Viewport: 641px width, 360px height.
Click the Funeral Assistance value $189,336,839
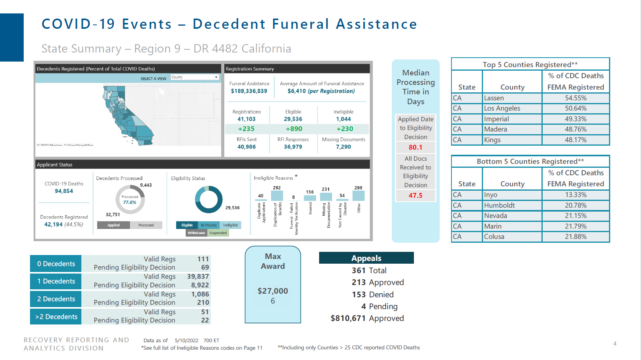[x=249, y=91]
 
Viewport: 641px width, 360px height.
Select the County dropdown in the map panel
[x=195, y=77]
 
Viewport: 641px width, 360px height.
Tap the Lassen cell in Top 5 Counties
[x=512, y=98]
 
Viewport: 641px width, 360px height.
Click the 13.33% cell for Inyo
[x=575, y=195]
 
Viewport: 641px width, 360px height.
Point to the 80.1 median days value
[x=415, y=147]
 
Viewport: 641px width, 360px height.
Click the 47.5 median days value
[x=415, y=195]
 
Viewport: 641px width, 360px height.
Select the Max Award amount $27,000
[x=273, y=291]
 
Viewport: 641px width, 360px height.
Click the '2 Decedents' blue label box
[x=56, y=299]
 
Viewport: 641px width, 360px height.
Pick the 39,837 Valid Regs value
[x=197, y=276]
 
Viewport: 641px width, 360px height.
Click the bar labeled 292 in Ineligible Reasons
[x=277, y=196]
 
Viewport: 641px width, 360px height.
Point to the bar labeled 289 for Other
[x=358, y=196]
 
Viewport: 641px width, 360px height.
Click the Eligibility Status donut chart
[x=209, y=200]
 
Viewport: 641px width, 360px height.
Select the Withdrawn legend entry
[x=196, y=233]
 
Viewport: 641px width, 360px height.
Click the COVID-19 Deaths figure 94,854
[x=64, y=191]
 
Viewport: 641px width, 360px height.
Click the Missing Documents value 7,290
[x=343, y=147]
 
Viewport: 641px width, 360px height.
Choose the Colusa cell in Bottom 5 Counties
[x=512, y=236]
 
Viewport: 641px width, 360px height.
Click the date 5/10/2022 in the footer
[x=186, y=340]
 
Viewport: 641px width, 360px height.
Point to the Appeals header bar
[x=366, y=258]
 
